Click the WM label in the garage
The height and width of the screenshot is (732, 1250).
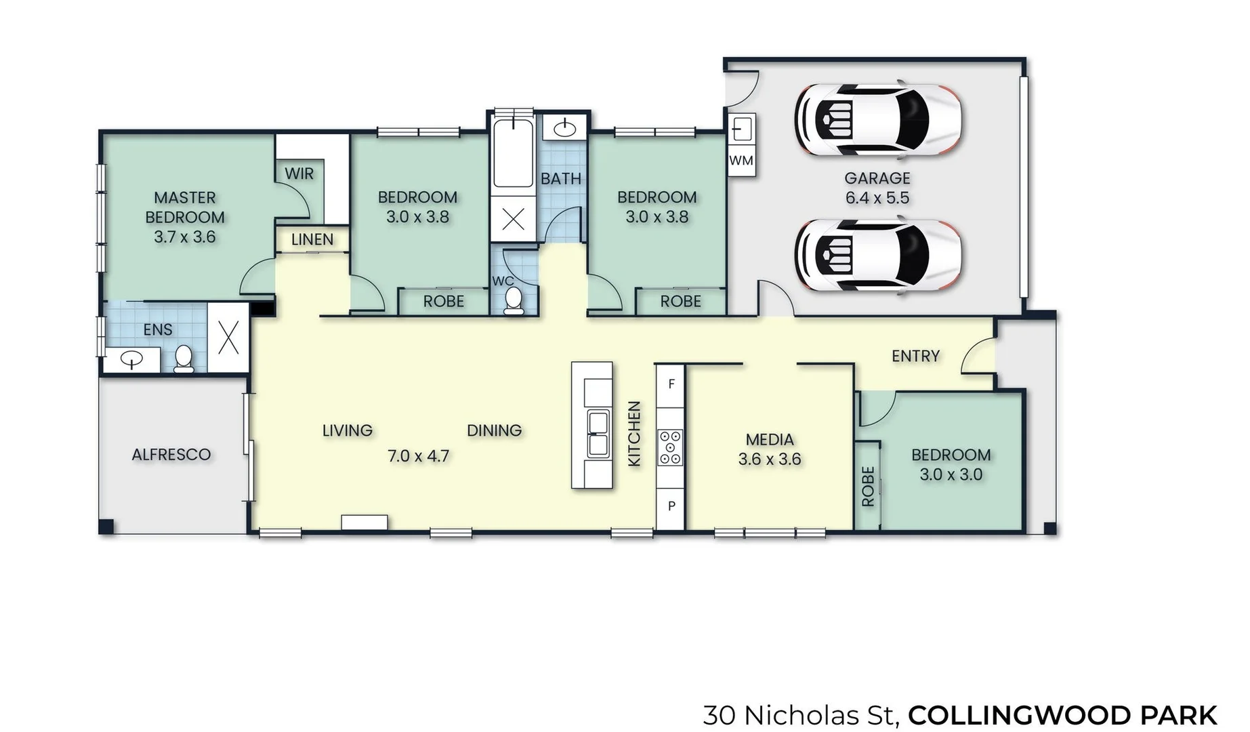click(x=741, y=161)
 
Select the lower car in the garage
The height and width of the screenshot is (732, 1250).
click(x=878, y=255)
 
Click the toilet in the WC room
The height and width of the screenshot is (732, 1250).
click(x=514, y=300)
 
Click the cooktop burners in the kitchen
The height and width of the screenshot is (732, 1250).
click(x=671, y=448)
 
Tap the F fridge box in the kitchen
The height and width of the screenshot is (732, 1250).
click(x=671, y=384)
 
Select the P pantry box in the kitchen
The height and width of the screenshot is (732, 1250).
click(x=671, y=506)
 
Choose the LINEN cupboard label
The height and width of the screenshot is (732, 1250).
click(x=312, y=239)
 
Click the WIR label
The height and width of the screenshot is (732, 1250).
click(x=299, y=174)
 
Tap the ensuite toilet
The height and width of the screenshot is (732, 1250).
click(x=184, y=359)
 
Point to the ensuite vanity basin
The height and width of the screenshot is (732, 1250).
click(x=131, y=359)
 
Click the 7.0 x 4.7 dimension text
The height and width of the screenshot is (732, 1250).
click(x=418, y=456)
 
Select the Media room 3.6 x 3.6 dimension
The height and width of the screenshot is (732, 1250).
click(x=769, y=459)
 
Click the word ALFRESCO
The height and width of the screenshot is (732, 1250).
click(x=171, y=454)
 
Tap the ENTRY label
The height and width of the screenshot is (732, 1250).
click(x=915, y=356)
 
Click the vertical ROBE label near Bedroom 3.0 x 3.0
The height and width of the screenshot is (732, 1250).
click(x=868, y=486)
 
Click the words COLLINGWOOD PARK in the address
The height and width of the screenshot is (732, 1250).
click(x=1062, y=715)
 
